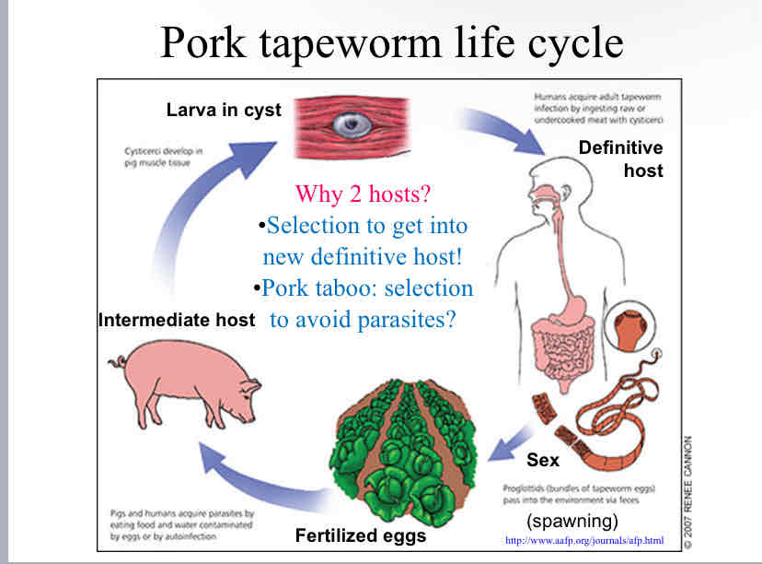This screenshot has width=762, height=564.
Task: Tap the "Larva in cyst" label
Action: [x=224, y=110]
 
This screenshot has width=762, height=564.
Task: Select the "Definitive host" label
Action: [x=620, y=159]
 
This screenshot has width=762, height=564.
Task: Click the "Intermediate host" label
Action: [x=176, y=321]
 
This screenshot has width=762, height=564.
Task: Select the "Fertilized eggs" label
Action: [x=361, y=534]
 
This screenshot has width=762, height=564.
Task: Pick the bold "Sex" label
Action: [x=543, y=458]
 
